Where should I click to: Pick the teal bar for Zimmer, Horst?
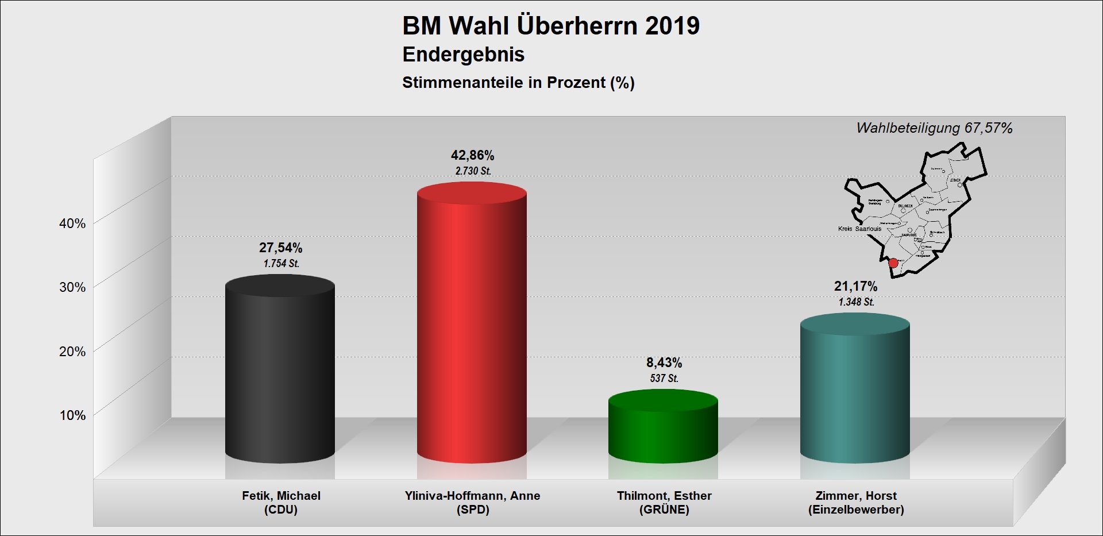(x=855, y=391)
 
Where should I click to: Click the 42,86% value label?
(x=472, y=155)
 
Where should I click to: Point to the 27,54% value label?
(x=280, y=248)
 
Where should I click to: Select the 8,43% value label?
(x=664, y=363)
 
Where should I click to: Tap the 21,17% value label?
(x=855, y=286)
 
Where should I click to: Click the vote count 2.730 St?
(x=473, y=171)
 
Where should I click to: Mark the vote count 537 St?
(x=664, y=379)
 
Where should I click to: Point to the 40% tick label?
(x=72, y=223)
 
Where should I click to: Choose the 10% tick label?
(x=72, y=415)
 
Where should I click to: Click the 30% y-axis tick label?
(x=72, y=287)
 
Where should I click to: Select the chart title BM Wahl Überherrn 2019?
(x=551, y=26)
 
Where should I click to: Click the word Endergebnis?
(x=463, y=55)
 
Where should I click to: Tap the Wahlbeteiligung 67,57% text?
(x=934, y=128)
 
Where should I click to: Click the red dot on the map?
(x=893, y=263)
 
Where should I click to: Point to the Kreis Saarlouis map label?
(x=859, y=229)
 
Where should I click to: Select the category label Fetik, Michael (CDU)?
(x=281, y=503)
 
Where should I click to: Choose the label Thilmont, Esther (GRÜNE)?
(x=664, y=503)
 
